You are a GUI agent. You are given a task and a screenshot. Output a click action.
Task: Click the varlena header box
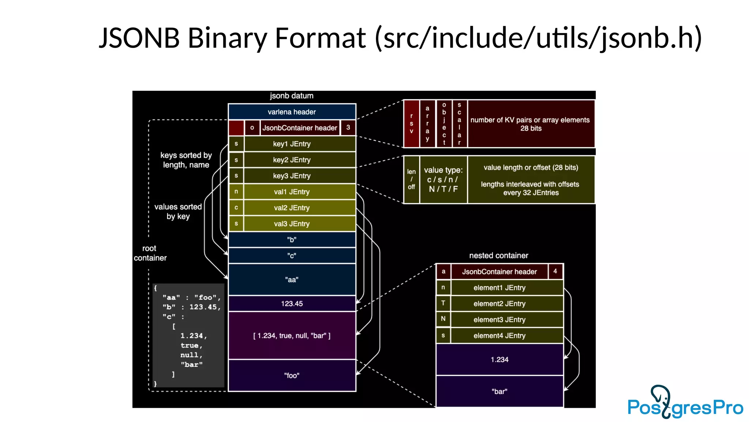click(292, 112)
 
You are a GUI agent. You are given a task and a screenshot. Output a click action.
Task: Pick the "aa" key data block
click(292, 280)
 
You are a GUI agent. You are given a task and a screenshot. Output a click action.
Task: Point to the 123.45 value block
click(292, 303)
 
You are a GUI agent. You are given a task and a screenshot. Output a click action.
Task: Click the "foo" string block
click(292, 375)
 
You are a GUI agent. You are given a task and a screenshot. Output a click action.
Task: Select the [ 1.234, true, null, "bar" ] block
click(292, 336)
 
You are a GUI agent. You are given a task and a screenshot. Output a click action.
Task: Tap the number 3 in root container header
click(348, 127)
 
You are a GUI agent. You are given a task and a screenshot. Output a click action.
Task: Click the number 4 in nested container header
click(555, 271)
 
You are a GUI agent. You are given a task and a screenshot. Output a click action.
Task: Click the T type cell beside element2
click(443, 303)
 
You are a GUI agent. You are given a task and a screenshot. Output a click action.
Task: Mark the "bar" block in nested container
click(500, 391)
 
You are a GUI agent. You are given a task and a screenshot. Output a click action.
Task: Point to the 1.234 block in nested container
click(500, 359)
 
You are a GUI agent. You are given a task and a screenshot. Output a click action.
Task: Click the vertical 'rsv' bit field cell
click(411, 123)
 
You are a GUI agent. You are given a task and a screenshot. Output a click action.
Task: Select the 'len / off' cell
click(411, 179)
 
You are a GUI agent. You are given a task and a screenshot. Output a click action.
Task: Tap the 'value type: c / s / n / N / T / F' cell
click(443, 179)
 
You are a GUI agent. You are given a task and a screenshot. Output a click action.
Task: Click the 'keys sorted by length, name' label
click(186, 160)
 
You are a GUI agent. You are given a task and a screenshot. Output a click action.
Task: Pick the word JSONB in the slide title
click(139, 38)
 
